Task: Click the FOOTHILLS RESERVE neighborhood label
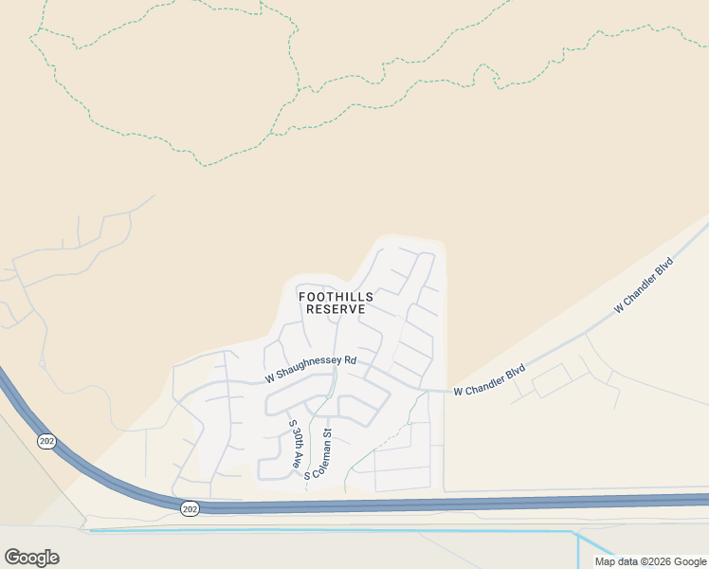pyautogui.click(x=336, y=303)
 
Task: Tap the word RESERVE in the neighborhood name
pyautogui.click(x=336, y=310)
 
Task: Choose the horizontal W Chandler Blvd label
pyautogui.click(x=489, y=391)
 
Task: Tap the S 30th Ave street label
pyautogui.click(x=294, y=446)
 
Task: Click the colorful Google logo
pyautogui.click(x=31, y=558)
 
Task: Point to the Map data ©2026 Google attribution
pyautogui.click(x=650, y=561)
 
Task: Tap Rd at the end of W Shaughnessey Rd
pyautogui.click(x=350, y=360)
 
